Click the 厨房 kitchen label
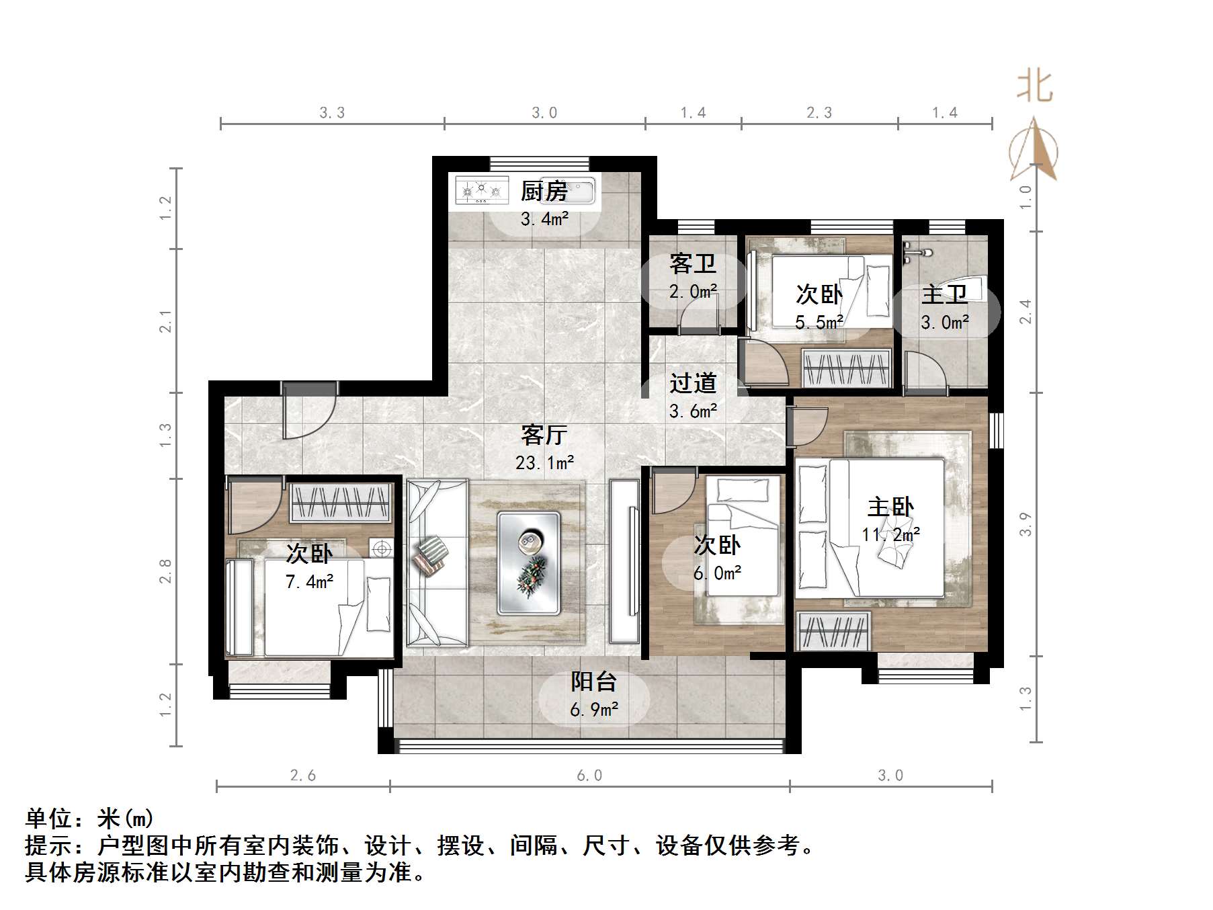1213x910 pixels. click(x=544, y=192)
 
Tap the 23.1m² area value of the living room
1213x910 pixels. click(x=544, y=463)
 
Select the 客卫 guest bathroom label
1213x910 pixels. click(x=693, y=263)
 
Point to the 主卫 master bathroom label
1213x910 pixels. click(x=944, y=294)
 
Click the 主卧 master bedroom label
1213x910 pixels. click(x=890, y=507)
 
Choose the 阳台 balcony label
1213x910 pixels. click(x=594, y=681)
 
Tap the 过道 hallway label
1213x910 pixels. click(x=693, y=383)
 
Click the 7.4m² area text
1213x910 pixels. click(x=309, y=582)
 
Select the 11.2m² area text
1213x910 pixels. click(x=890, y=535)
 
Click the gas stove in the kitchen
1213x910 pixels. click(x=481, y=190)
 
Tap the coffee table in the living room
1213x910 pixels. click(x=529, y=563)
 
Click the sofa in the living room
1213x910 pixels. click(x=437, y=563)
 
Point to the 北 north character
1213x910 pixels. click(x=1034, y=87)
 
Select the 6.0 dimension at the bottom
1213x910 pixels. click(x=589, y=776)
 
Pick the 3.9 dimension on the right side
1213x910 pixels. click(x=1025, y=524)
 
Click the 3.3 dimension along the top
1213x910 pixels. click(x=332, y=113)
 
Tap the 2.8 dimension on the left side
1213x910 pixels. click(x=165, y=571)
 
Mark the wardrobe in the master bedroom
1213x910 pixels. click(x=833, y=632)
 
